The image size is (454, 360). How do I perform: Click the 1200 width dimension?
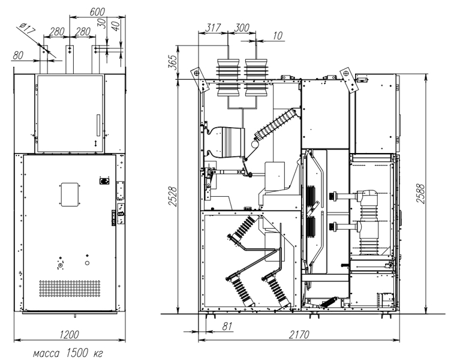69,335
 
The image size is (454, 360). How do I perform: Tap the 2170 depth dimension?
299,335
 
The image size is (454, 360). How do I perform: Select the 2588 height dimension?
420,193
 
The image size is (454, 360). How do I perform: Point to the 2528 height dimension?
172,196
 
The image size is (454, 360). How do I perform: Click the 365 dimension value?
172,62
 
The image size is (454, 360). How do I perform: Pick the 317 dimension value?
213,28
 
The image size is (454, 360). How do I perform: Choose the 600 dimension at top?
97,12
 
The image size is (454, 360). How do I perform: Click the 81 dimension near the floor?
227,326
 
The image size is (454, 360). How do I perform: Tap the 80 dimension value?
18,55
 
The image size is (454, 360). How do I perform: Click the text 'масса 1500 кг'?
68,353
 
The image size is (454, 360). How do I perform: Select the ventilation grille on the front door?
70,288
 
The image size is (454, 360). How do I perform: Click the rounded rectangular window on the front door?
70,194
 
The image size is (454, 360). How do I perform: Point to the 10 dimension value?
277,35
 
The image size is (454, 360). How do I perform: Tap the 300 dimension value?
241,28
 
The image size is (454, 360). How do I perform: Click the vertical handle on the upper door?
98,125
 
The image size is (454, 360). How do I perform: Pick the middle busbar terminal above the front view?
70,59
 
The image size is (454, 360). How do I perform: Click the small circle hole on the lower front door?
87,263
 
